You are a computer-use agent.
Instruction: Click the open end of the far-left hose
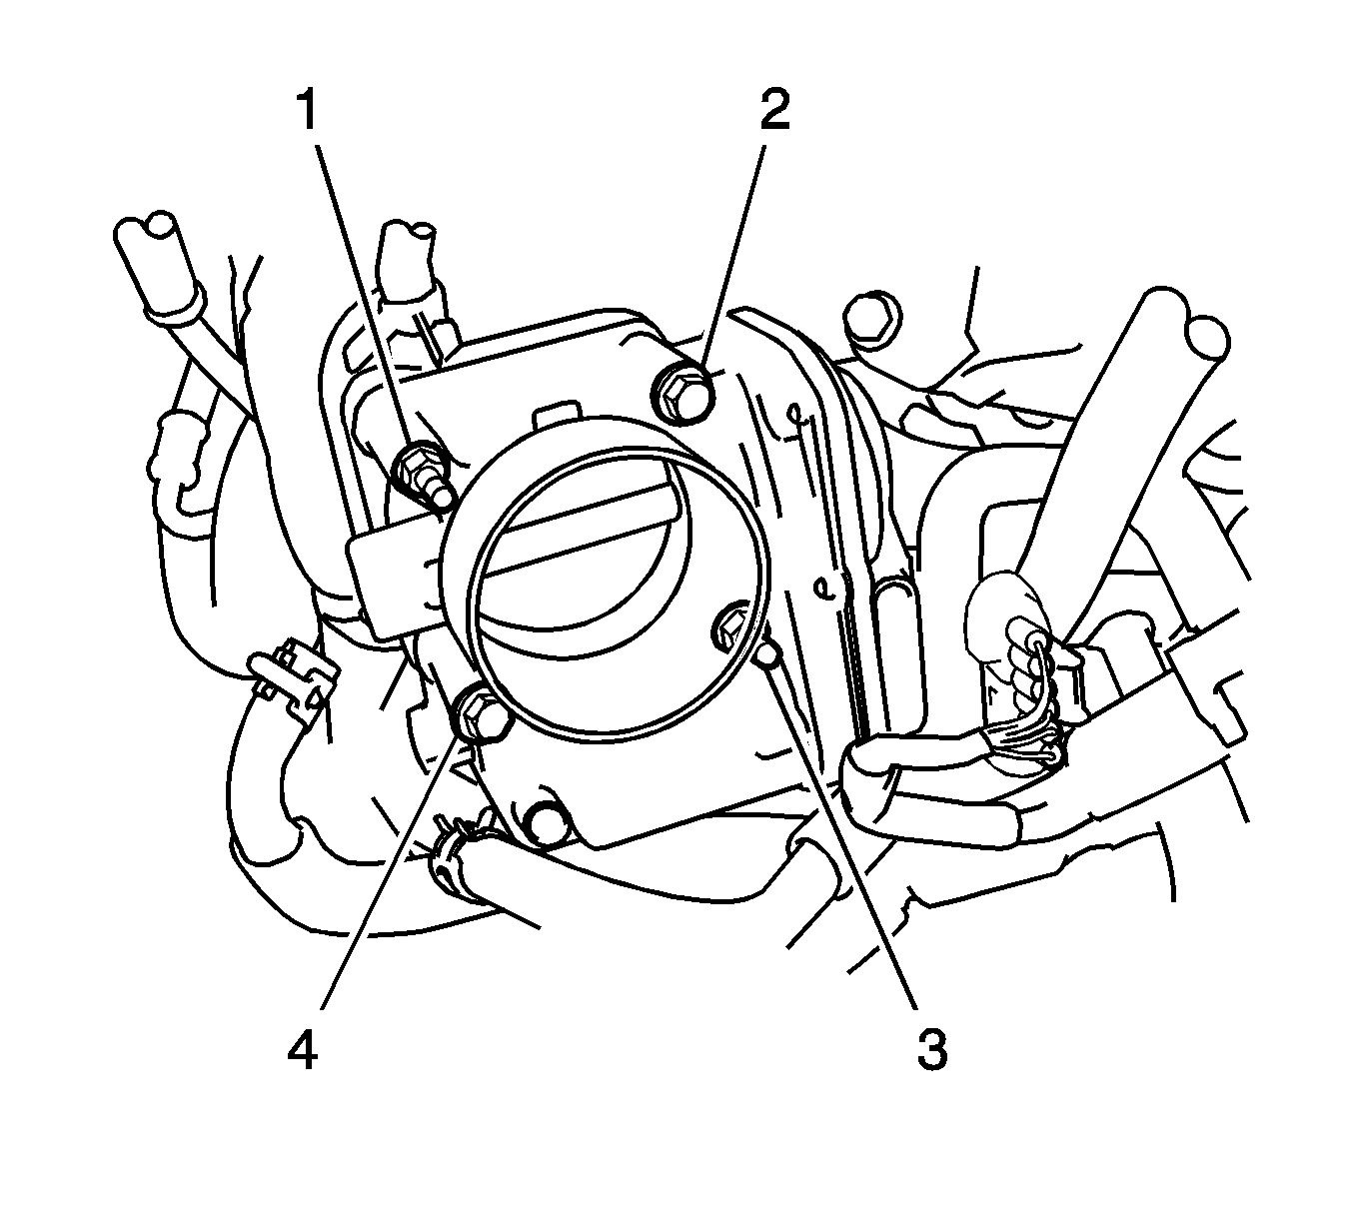(147, 232)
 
